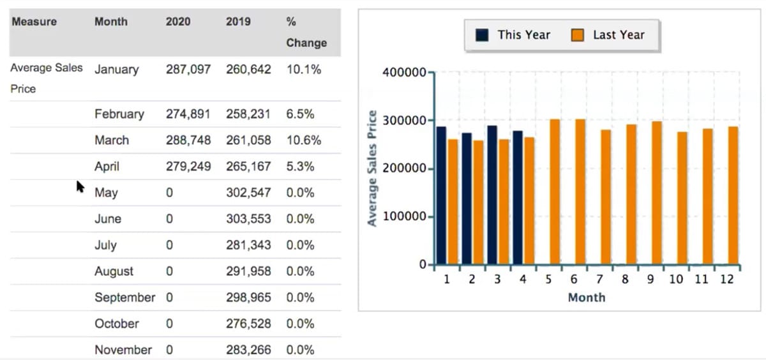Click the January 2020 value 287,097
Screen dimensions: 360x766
pos(188,69)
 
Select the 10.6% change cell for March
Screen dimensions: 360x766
pos(304,140)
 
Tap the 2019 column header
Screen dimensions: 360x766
pos(238,21)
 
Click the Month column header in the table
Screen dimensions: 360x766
pos(111,21)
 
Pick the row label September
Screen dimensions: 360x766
pos(124,297)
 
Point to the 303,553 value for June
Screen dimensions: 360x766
pos(248,219)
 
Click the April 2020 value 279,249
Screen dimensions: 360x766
pos(188,167)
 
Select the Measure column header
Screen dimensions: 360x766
pos(34,21)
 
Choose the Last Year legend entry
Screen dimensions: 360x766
pos(608,35)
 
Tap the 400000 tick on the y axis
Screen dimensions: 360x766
pos(404,73)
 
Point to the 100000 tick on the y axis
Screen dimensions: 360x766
pos(404,217)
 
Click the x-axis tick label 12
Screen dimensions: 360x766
pos(726,280)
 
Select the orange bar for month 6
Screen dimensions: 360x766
pos(580,191)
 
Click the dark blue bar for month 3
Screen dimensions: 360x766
pos(492,195)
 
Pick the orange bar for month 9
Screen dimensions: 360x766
pos(656,193)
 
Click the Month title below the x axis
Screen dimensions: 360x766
pos(586,297)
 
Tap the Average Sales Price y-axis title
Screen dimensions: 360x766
pos(372,169)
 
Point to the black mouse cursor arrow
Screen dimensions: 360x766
pos(80,186)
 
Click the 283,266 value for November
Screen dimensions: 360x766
pos(248,350)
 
